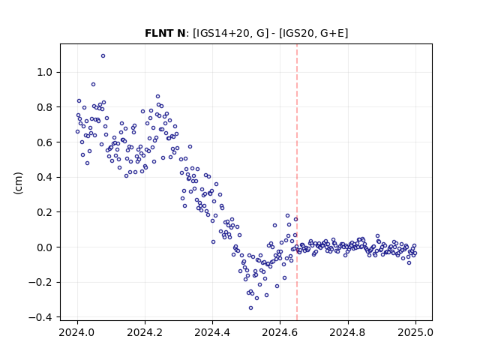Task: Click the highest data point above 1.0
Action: [103, 56]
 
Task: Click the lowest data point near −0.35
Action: [250, 308]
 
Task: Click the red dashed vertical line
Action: [297, 182]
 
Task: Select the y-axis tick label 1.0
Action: [45, 72]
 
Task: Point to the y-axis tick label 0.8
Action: [45, 107]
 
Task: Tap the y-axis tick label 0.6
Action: [45, 142]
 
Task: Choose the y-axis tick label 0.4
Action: [45, 177]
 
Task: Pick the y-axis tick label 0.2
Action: [45, 212]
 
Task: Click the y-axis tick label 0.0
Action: [45, 247]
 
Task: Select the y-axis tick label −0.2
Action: [40, 282]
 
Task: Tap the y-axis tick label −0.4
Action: [40, 317]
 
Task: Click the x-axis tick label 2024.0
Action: [77, 332]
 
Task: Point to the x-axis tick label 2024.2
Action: [145, 332]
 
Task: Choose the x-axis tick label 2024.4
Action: [212, 332]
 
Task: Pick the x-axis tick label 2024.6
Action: [280, 332]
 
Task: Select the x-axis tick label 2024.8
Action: [347, 332]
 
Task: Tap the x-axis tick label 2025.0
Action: [415, 332]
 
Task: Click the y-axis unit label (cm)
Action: [18, 183]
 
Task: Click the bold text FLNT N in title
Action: [165, 33]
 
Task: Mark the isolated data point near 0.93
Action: [93, 85]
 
